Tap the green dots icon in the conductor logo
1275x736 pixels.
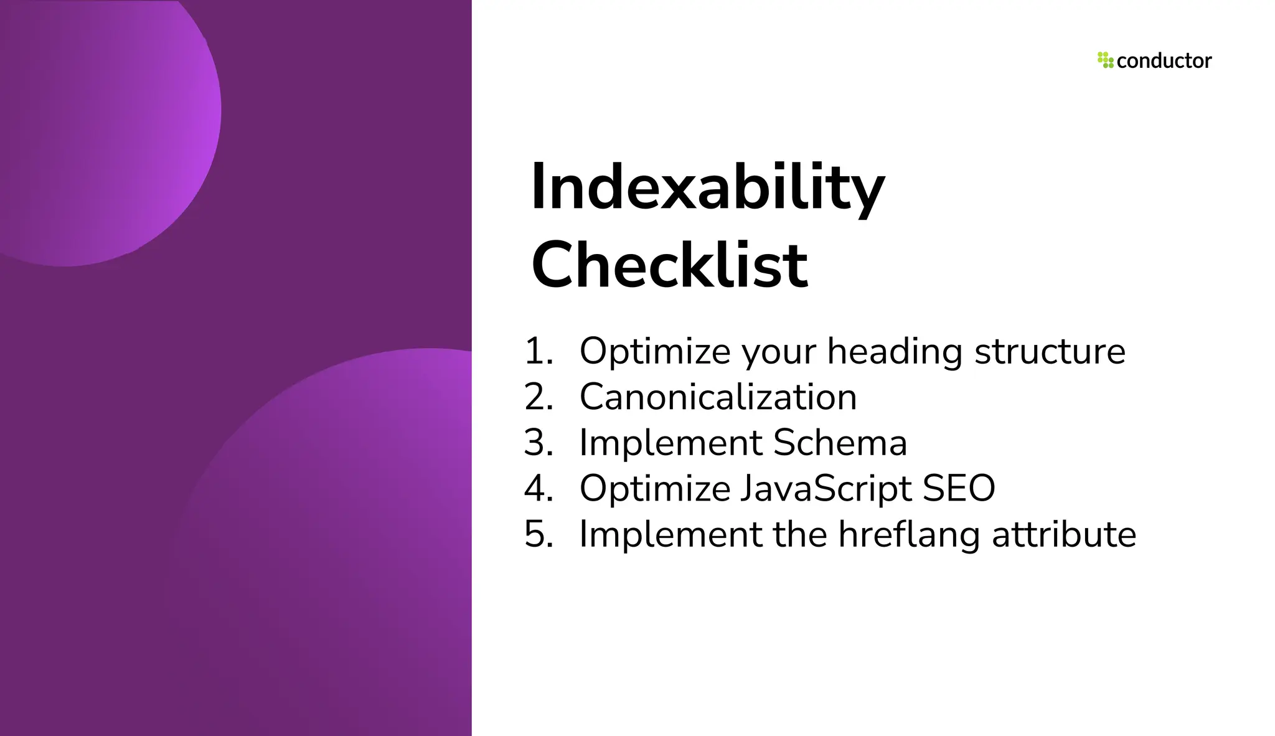[1105, 60]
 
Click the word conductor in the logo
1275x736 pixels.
[1164, 61]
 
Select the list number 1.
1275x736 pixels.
[538, 351]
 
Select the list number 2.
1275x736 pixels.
[538, 397]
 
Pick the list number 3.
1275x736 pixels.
[538, 443]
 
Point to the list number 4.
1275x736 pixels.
[538, 488]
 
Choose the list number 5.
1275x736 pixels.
[538, 534]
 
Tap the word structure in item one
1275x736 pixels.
[1050, 351]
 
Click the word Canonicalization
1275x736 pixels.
[718, 397]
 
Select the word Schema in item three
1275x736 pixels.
[840, 443]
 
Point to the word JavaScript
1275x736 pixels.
[826, 489]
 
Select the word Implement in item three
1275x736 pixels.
[670, 444]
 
